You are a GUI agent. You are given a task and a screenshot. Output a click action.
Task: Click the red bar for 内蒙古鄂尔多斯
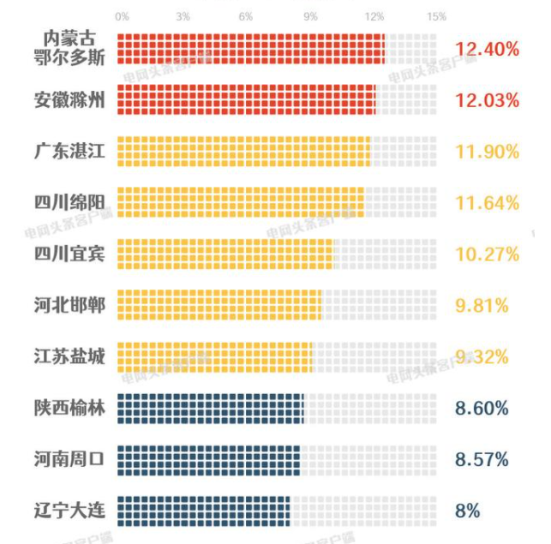coord(250,49)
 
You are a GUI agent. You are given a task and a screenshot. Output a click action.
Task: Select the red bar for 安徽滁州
coord(246,99)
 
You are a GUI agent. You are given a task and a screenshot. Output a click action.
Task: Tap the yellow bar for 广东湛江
coord(243,151)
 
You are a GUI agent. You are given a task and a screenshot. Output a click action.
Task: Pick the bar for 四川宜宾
coord(225,254)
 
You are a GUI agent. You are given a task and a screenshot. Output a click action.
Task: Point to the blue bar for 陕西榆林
coord(210,408)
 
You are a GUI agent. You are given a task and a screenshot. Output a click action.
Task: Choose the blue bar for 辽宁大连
coord(204,511)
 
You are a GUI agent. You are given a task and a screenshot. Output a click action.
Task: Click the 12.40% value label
coord(487,49)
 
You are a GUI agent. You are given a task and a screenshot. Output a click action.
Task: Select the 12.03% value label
coord(487,100)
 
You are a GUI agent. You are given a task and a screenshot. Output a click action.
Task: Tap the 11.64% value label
coord(487,203)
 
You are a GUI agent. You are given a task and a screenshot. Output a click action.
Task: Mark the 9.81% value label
coord(482,305)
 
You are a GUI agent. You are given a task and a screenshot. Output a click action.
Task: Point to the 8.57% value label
coord(482,459)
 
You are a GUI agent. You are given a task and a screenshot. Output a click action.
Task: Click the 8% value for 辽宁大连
coord(467,511)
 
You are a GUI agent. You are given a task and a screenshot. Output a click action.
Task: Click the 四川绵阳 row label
coord(69,202)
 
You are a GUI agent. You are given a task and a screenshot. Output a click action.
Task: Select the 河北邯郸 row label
coord(69,304)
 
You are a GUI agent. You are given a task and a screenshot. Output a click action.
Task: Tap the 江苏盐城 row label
coord(69,356)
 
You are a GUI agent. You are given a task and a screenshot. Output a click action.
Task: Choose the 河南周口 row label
coord(69,458)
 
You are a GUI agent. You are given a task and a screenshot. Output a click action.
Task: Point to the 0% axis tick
coord(122,17)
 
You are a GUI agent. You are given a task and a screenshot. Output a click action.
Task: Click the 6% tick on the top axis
coord(246,17)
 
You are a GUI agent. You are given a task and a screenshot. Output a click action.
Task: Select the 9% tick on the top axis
coord(310,17)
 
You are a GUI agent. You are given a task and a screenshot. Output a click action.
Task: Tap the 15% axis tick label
coord(436,17)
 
